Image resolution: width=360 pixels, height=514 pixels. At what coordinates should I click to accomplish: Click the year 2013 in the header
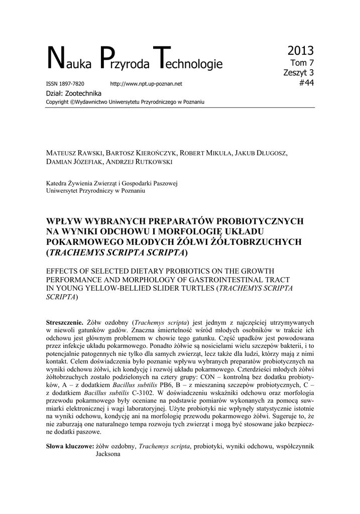point(301,51)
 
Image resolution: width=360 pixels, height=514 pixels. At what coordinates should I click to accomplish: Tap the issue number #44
point(306,83)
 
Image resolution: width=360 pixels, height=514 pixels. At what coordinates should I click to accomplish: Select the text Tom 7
point(303,63)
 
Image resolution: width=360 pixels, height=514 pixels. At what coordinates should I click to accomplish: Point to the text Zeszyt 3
point(299,73)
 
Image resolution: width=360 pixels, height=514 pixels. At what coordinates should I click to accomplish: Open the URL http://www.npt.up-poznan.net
point(146,83)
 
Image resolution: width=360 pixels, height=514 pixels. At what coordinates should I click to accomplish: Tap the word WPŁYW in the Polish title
point(63,221)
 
